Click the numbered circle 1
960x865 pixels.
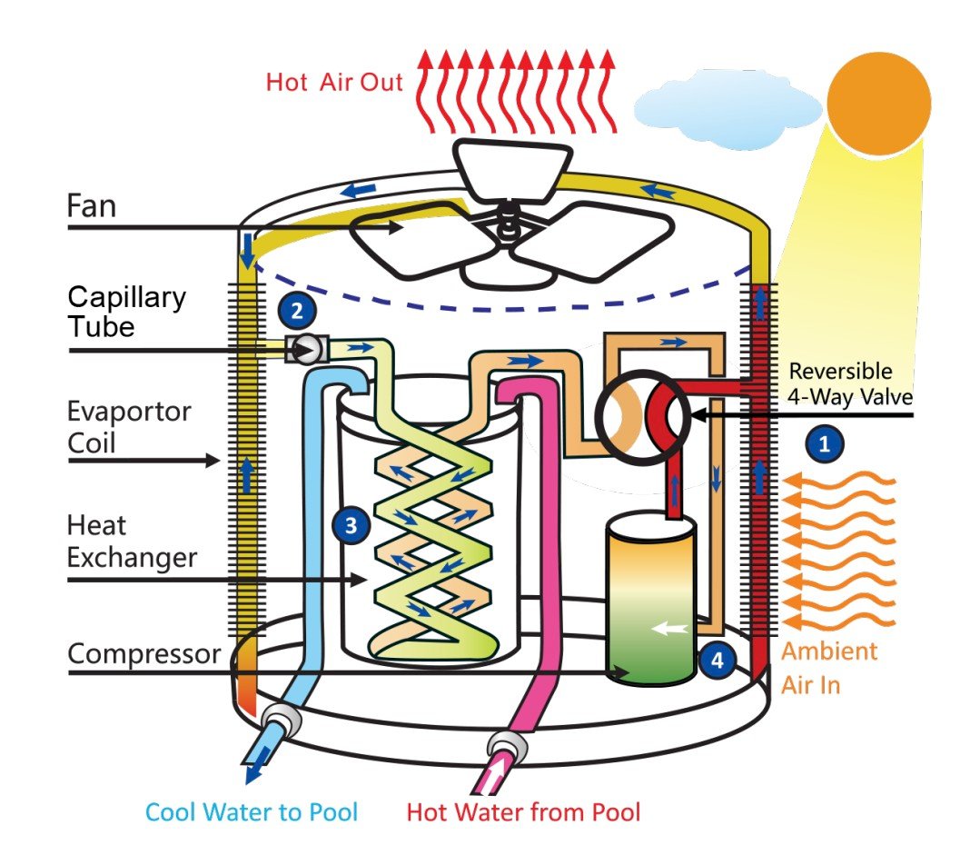tap(825, 444)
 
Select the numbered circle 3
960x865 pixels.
tap(351, 524)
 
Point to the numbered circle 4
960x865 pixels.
tap(717, 661)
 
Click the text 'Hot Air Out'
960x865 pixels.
tap(333, 82)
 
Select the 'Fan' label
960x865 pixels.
tap(92, 206)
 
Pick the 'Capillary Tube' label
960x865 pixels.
tap(126, 311)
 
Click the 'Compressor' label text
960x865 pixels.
tap(144, 653)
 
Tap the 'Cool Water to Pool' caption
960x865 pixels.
tap(252, 811)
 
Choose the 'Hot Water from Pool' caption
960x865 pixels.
tap(523, 811)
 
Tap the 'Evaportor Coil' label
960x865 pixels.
tap(129, 425)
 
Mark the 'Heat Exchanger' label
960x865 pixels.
tap(131, 541)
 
